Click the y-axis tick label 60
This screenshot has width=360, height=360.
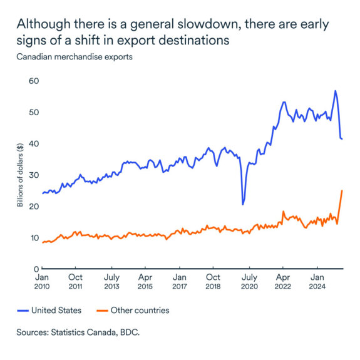click(x=34, y=81)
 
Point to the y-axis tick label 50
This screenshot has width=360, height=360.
click(x=34, y=112)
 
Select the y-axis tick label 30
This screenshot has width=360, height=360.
click(x=34, y=175)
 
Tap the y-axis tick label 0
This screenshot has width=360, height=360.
click(x=36, y=269)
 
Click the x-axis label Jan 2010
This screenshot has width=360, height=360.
click(x=43, y=280)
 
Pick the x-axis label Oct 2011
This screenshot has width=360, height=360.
click(x=75, y=280)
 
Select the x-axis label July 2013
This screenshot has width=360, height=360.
click(x=111, y=280)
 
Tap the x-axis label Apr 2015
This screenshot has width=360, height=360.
click(x=145, y=280)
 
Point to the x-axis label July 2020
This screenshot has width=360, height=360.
click(x=249, y=280)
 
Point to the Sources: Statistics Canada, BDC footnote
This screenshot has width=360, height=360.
click(x=78, y=332)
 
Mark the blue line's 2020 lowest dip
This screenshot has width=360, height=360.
click(x=243, y=204)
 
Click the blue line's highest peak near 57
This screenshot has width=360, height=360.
click(x=336, y=91)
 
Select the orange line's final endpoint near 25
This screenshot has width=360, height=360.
click(x=342, y=190)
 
